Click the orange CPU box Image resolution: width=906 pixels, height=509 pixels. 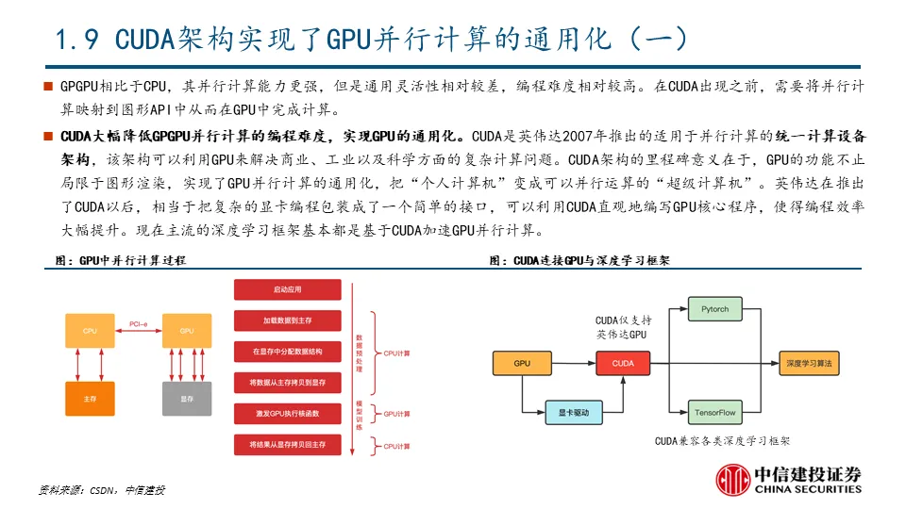coord(90,331)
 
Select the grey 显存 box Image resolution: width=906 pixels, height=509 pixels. coord(186,399)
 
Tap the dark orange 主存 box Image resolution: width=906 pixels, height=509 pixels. coord(90,399)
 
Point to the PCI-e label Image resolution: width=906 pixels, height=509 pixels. coord(138,324)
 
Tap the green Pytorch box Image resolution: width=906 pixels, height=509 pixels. coord(714,309)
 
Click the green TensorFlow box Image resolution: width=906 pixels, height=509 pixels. coord(714,413)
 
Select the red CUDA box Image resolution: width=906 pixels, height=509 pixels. coord(623,363)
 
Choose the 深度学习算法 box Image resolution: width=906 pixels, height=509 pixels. coord(811,363)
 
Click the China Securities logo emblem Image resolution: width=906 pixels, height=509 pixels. coord(732,481)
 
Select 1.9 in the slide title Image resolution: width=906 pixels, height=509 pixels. coord(79,40)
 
